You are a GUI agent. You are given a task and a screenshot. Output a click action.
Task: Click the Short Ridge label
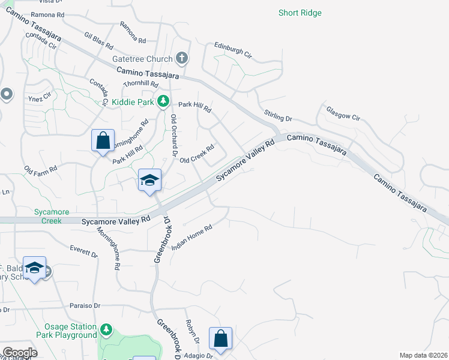[x=300, y=13]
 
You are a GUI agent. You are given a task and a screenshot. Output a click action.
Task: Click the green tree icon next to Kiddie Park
[x=163, y=102]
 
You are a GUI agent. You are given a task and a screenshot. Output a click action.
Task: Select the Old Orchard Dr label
[x=174, y=136]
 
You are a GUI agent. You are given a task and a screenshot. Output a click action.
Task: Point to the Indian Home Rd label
[x=192, y=237]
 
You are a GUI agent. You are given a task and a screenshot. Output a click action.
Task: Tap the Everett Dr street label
[x=83, y=251]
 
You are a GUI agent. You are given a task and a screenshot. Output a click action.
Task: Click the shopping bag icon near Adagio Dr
[x=221, y=338]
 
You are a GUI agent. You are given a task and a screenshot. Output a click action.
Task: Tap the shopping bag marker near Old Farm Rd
[x=103, y=140]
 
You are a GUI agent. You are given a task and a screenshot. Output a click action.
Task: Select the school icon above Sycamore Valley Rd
[x=149, y=179]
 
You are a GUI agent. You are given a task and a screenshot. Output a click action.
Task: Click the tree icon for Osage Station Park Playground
[x=106, y=329]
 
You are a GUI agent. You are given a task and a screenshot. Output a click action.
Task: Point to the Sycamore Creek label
[x=52, y=217]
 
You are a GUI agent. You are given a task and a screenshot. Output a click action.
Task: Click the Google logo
[x=19, y=352]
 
